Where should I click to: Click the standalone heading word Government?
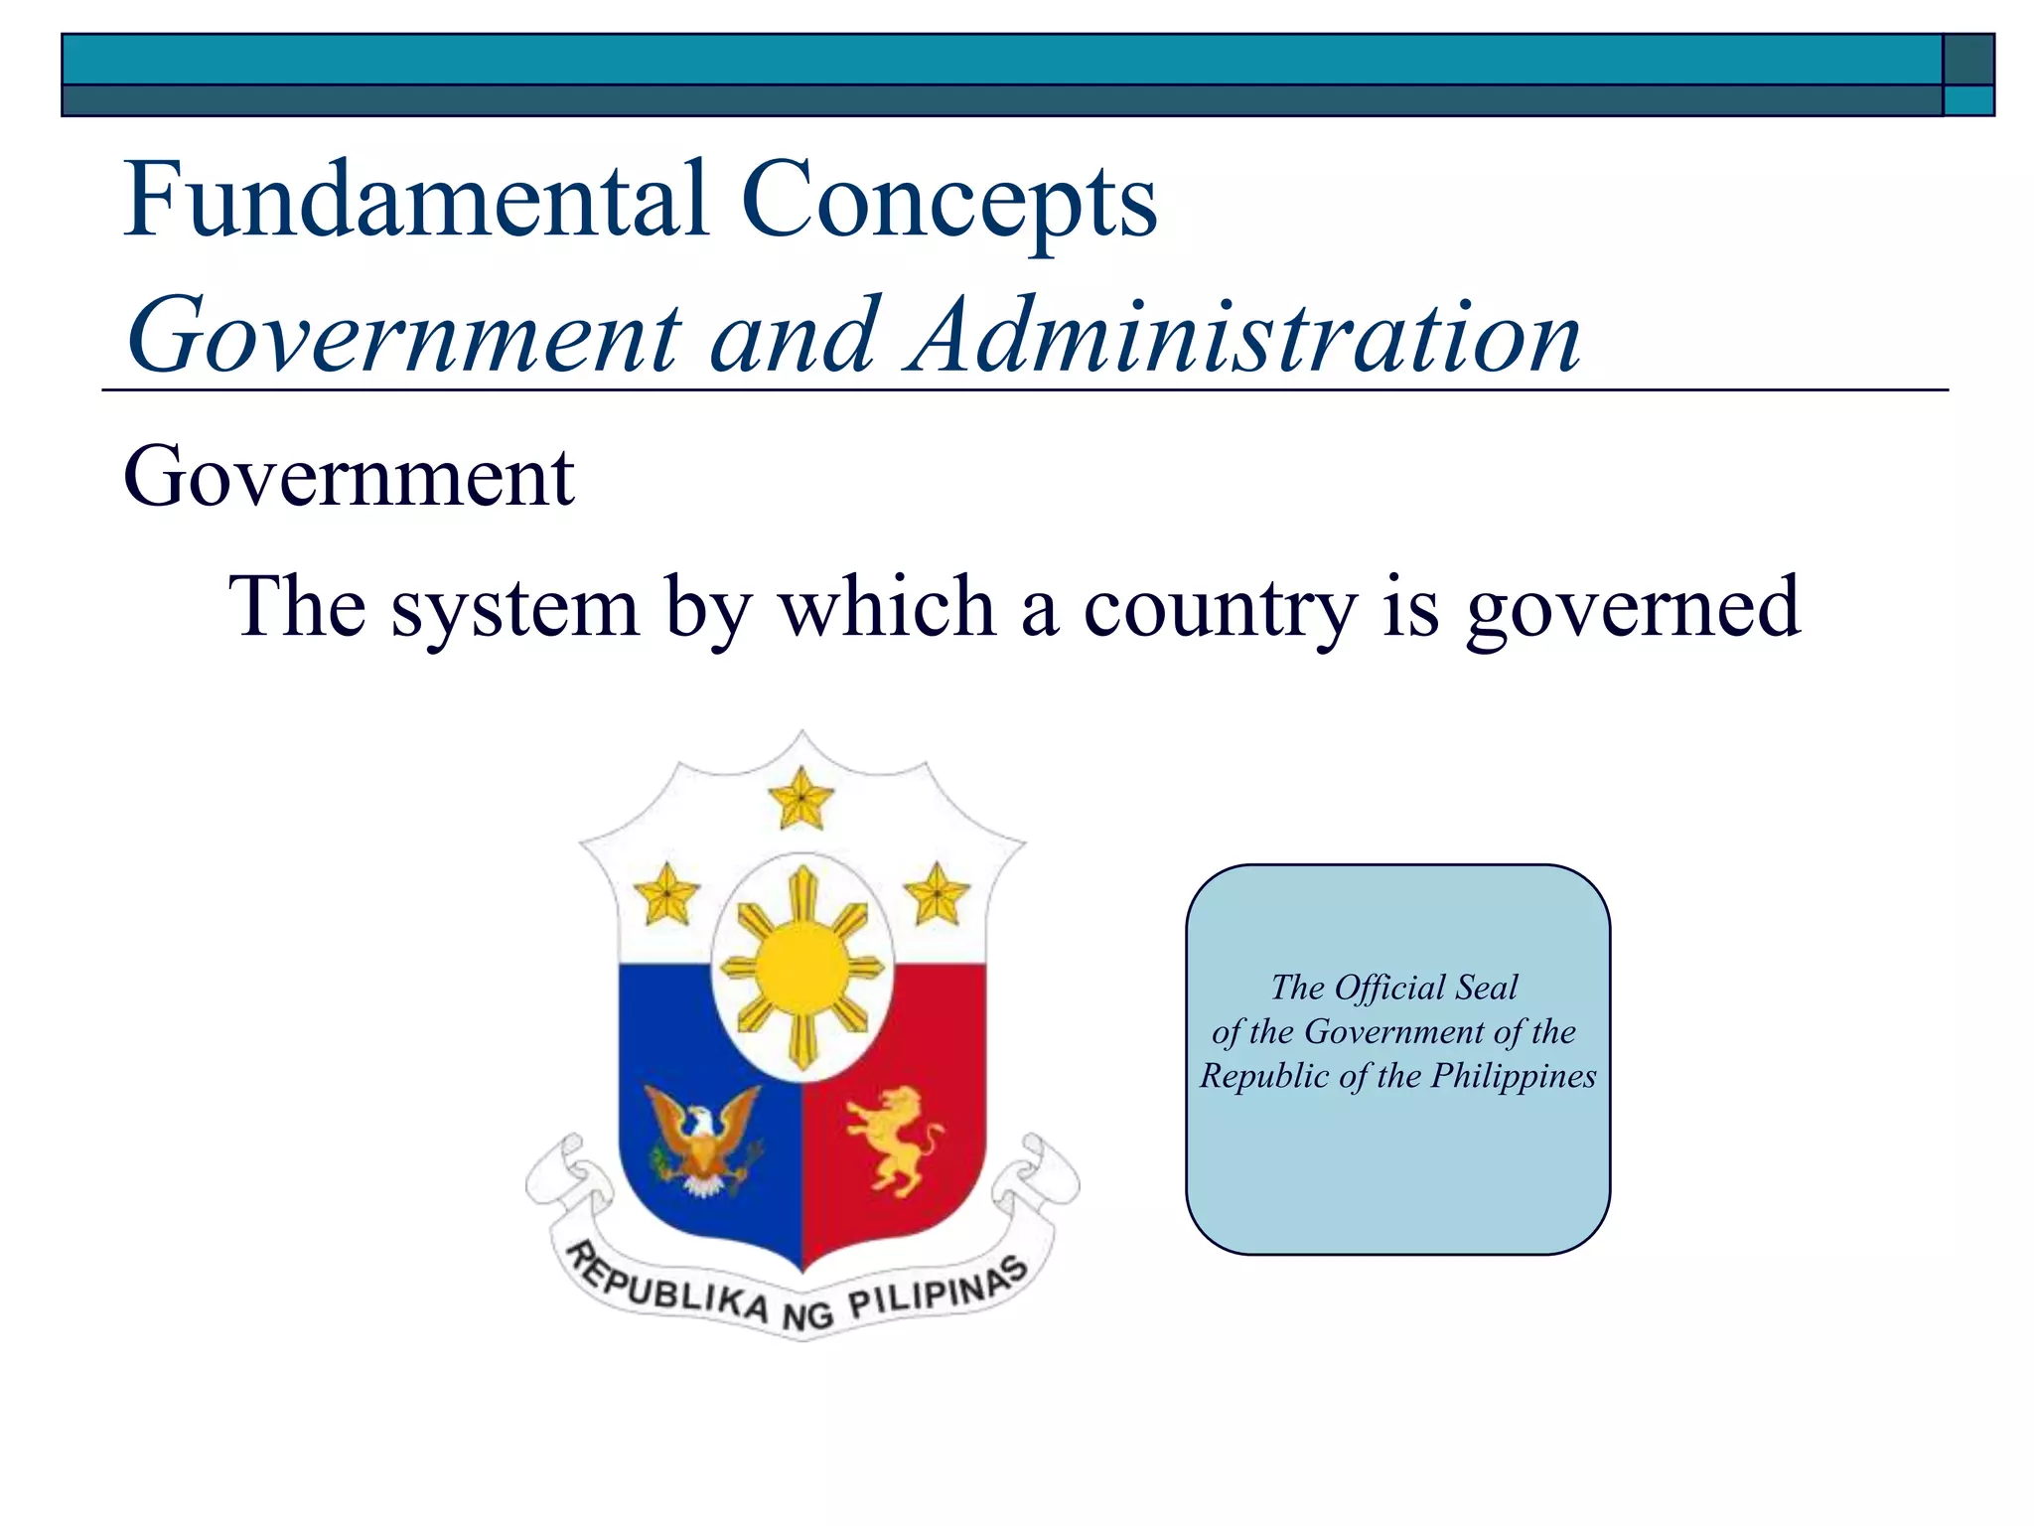coord(349,478)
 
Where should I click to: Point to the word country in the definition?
coord(1220,608)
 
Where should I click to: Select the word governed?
coord(1633,608)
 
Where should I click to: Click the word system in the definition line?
coord(514,608)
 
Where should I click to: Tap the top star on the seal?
coord(801,799)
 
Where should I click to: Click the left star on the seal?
coord(666,894)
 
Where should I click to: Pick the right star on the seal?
coord(937,894)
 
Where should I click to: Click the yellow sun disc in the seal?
coord(802,967)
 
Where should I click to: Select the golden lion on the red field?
coord(894,1139)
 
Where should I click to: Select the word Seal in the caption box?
coord(1486,988)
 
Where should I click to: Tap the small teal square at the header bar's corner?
coord(1967,100)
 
